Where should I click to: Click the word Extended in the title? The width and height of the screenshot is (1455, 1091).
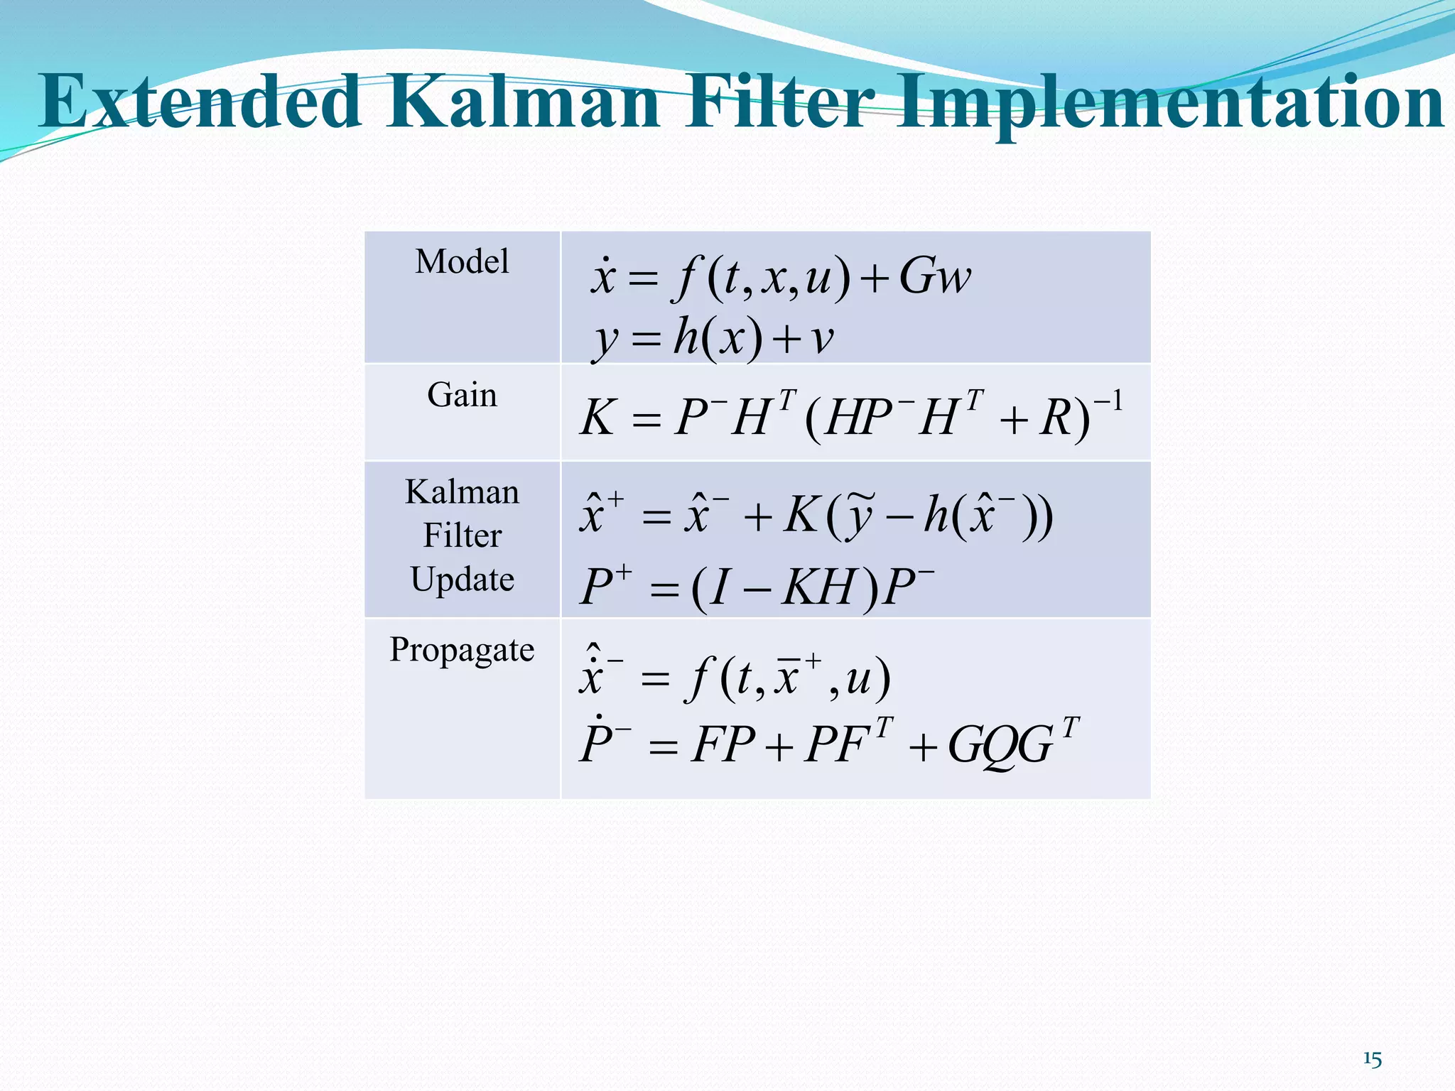click(x=200, y=103)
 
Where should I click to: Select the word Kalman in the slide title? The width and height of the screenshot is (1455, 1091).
click(x=524, y=103)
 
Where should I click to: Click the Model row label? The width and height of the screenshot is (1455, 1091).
click(x=462, y=261)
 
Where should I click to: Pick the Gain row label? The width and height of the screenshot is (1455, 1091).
click(x=462, y=395)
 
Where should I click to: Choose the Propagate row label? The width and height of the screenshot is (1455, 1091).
click(x=462, y=650)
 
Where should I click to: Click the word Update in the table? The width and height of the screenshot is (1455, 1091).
click(x=462, y=580)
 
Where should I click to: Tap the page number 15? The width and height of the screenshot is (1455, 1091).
click(x=1372, y=1060)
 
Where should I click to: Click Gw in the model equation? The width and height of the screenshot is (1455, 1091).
click(x=934, y=276)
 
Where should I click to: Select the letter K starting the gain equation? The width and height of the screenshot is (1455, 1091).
click(x=597, y=418)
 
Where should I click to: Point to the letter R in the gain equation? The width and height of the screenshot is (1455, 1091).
click(x=1056, y=418)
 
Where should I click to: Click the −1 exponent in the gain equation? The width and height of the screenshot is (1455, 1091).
click(x=1108, y=403)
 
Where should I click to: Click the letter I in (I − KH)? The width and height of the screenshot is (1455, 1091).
click(x=719, y=587)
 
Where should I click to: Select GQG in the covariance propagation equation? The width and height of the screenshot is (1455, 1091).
click(x=1000, y=746)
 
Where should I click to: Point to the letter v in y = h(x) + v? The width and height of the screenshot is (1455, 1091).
click(x=822, y=340)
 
